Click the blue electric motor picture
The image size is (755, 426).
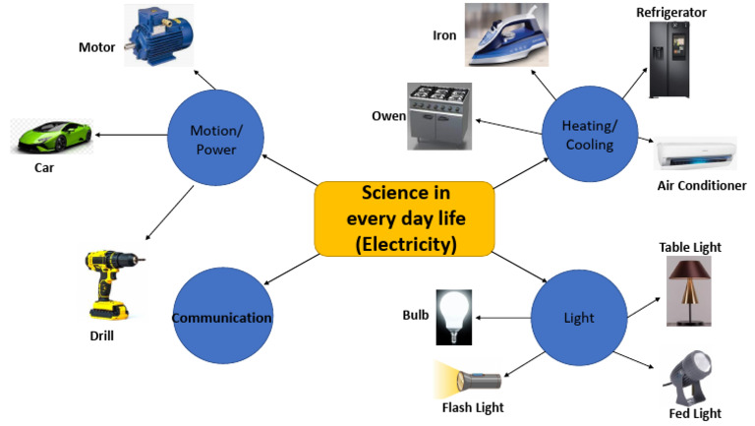160,35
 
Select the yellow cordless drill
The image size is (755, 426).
108,285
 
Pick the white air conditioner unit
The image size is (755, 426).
695,154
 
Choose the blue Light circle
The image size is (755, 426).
579,318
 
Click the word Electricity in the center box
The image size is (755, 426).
403,243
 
